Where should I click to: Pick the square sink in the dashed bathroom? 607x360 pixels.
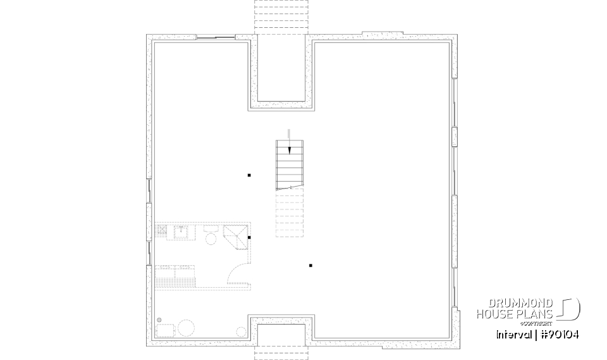pyautogui.click(x=182, y=231)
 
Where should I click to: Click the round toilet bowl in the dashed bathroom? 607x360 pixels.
pyautogui.click(x=211, y=238)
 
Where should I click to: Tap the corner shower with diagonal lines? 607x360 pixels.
pyautogui.click(x=236, y=237)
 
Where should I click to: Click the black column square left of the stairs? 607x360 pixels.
pyautogui.click(x=249, y=175)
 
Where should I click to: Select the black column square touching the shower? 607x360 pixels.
pyautogui.click(x=250, y=237)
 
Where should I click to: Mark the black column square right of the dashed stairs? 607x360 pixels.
pyautogui.click(x=310, y=265)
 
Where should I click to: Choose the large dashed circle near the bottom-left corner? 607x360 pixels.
pyautogui.click(x=186, y=328)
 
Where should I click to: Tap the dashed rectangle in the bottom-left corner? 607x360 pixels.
pyautogui.click(x=166, y=330)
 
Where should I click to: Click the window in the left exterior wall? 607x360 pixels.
pyautogui.click(x=150, y=190)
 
